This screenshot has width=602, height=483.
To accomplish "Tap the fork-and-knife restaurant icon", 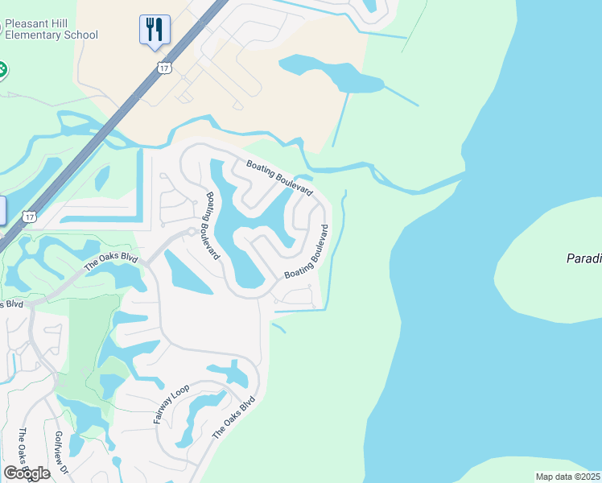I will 153,31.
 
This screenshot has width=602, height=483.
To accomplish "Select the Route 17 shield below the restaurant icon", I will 164,68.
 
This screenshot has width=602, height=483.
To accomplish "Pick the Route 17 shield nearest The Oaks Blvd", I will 30,217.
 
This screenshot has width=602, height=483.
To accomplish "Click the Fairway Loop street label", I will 171,404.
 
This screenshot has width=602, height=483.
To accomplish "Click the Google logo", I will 27,473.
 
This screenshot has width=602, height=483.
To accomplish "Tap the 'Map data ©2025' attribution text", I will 568,477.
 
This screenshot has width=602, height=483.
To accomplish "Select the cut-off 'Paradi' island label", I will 583,258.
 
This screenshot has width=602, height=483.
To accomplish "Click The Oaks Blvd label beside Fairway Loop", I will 234,417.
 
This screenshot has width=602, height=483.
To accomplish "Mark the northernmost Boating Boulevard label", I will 278,177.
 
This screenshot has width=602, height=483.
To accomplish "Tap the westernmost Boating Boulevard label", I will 213,225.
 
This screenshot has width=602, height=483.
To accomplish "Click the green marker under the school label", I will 2,70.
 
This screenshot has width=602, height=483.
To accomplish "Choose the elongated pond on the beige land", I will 330,74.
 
